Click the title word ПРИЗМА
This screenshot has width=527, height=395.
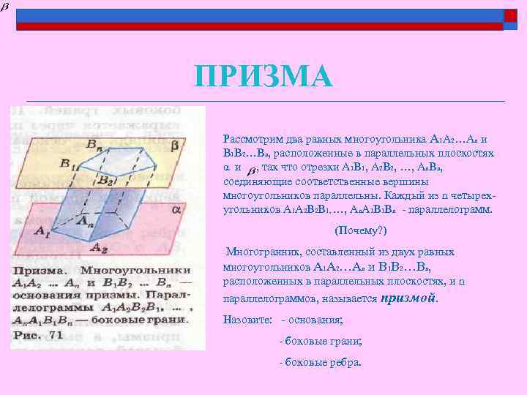[x=263, y=76]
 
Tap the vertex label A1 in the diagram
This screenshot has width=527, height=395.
[x=23, y=233]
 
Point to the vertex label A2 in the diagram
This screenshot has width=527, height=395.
[x=96, y=247]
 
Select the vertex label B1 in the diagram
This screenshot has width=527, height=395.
[x=70, y=165]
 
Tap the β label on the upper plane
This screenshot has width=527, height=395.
[x=173, y=146]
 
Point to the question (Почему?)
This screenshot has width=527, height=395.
[x=356, y=230]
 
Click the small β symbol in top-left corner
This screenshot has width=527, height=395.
[x=5, y=6]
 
